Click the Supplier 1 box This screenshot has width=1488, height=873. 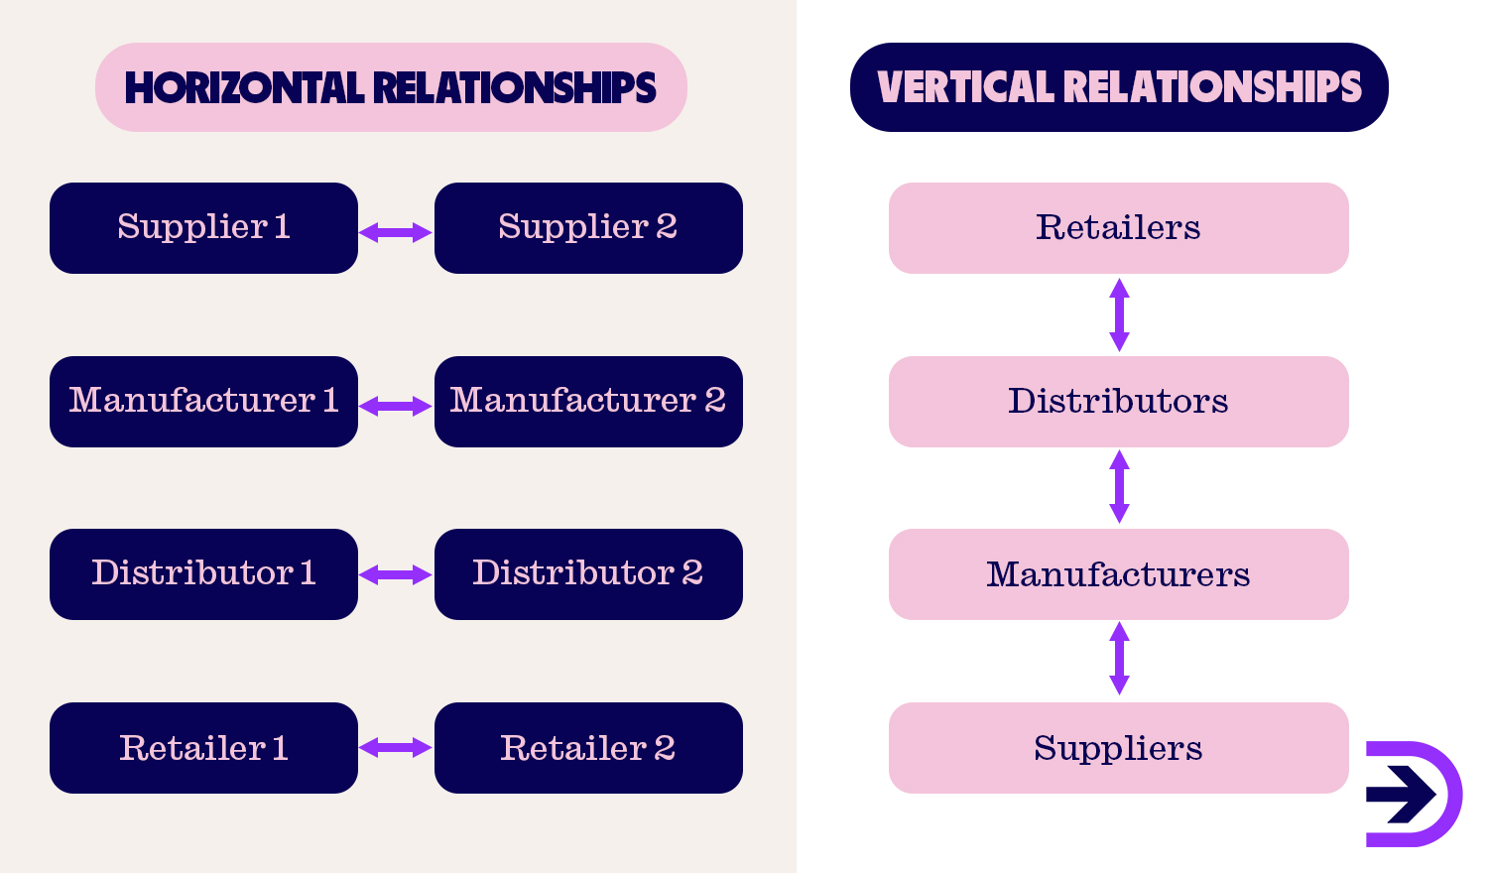(x=203, y=228)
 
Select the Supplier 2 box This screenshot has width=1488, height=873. (x=588, y=228)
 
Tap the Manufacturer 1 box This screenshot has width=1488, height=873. (x=203, y=402)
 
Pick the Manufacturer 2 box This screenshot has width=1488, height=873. (x=588, y=402)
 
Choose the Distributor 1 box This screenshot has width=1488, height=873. (x=203, y=574)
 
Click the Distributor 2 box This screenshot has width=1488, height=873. (x=588, y=574)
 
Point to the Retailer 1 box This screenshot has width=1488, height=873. (x=203, y=748)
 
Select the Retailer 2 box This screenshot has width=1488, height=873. (x=588, y=748)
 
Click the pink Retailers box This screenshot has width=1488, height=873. (x=1118, y=228)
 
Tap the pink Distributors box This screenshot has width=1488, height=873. (x=1118, y=402)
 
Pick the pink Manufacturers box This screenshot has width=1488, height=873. (x=1118, y=574)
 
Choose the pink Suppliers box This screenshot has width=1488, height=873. (x=1118, y=748)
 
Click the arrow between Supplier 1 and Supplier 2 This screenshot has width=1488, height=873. (x=395, y=233)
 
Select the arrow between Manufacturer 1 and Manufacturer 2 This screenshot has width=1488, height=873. (x=395, y=407)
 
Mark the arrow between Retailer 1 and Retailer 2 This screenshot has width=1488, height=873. (x=395, y=748)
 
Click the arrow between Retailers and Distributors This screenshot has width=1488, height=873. (x=1119, y=314)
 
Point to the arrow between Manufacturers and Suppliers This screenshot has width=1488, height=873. (x=1119, y=659)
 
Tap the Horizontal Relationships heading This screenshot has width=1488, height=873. (x=391, y=87)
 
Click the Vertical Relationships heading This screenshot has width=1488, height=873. (x=1119, y=87)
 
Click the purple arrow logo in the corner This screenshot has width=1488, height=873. (x=1412, y=794)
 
